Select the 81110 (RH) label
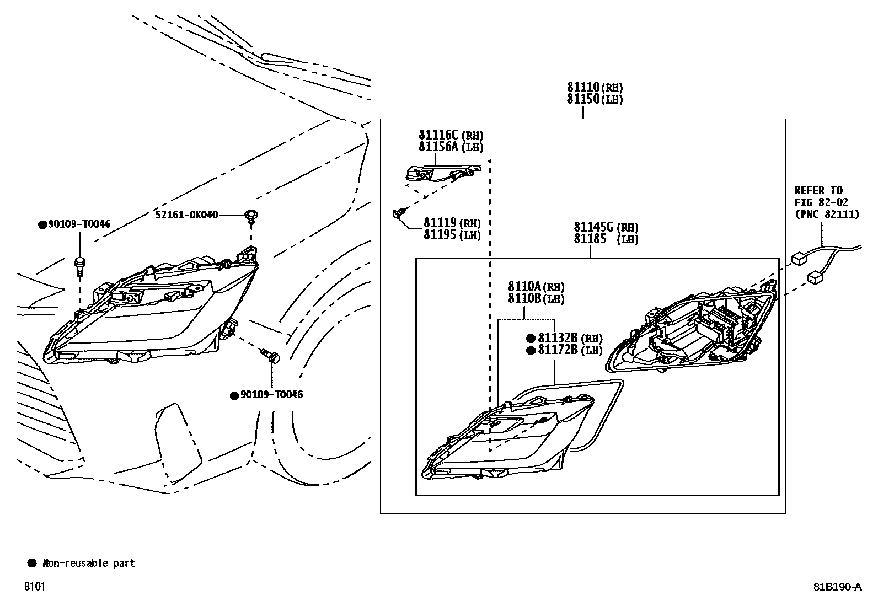[x=595, y=87]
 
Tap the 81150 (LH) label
[x=595, y=99]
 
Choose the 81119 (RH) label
[x=452, y=223]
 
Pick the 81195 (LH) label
[x=452, y=235]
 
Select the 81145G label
[x=594, y=227]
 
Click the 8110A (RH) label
[x=536, y=287]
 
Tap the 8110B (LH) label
[x=536, y=298]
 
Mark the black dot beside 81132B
[x=531, y=339]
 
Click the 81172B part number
[x=558, y=350]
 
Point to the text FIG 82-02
[x=821, y=202]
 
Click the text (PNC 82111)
[x=827, y=214]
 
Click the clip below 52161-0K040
[x=251, y=216]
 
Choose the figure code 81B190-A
[x=837, y=587]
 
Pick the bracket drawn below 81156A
[x=440, y=174]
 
